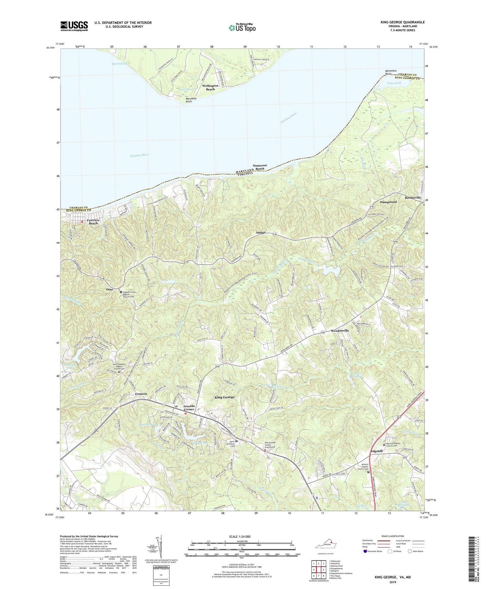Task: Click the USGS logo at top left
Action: pos(74,26)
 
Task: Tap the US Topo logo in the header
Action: pos(242,28)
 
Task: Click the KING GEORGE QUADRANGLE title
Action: pos(398,22)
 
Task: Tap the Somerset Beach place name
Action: pos(261,167)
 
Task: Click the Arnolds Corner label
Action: pos(189,407)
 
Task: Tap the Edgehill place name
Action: pos(377,451)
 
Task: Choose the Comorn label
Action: pos(141,394)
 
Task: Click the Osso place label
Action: pos(109,290)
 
